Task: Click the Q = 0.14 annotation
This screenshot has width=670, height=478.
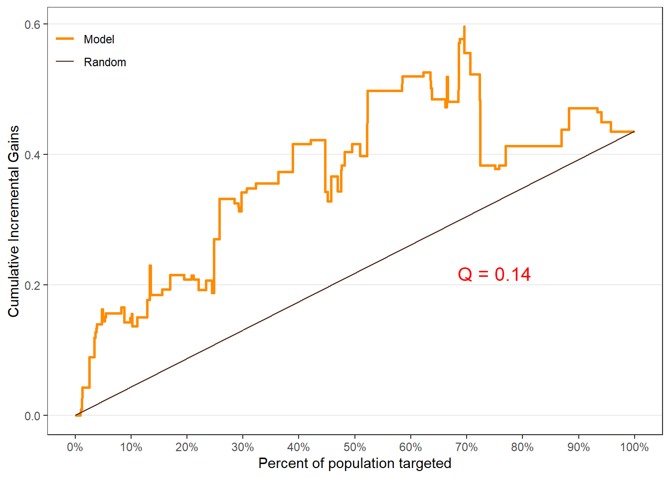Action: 494,274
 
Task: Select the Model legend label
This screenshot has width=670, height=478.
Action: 99,39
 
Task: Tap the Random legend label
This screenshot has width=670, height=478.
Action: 105,62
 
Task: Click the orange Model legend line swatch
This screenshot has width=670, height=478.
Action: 65,39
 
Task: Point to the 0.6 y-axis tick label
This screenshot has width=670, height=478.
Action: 32,24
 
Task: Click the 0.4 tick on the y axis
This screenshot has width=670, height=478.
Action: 32,155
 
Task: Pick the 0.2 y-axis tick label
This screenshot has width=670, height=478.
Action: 32,285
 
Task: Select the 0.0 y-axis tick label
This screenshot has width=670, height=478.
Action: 32,416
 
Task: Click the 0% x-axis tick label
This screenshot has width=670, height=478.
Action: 75,447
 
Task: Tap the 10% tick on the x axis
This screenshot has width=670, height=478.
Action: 131,447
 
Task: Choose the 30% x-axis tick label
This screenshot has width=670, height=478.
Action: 243,447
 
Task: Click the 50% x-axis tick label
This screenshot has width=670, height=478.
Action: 354,447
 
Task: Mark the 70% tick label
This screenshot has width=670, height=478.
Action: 467,447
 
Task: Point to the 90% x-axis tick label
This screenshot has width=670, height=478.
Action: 578,447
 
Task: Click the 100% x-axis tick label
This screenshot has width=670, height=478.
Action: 634,447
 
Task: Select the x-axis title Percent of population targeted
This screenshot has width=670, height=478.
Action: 354,464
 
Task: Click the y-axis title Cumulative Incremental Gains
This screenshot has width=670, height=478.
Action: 13,221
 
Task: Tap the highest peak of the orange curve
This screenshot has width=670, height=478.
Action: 464,27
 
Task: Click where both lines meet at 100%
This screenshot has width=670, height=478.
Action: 634,131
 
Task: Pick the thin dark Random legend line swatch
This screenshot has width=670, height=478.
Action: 65,62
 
